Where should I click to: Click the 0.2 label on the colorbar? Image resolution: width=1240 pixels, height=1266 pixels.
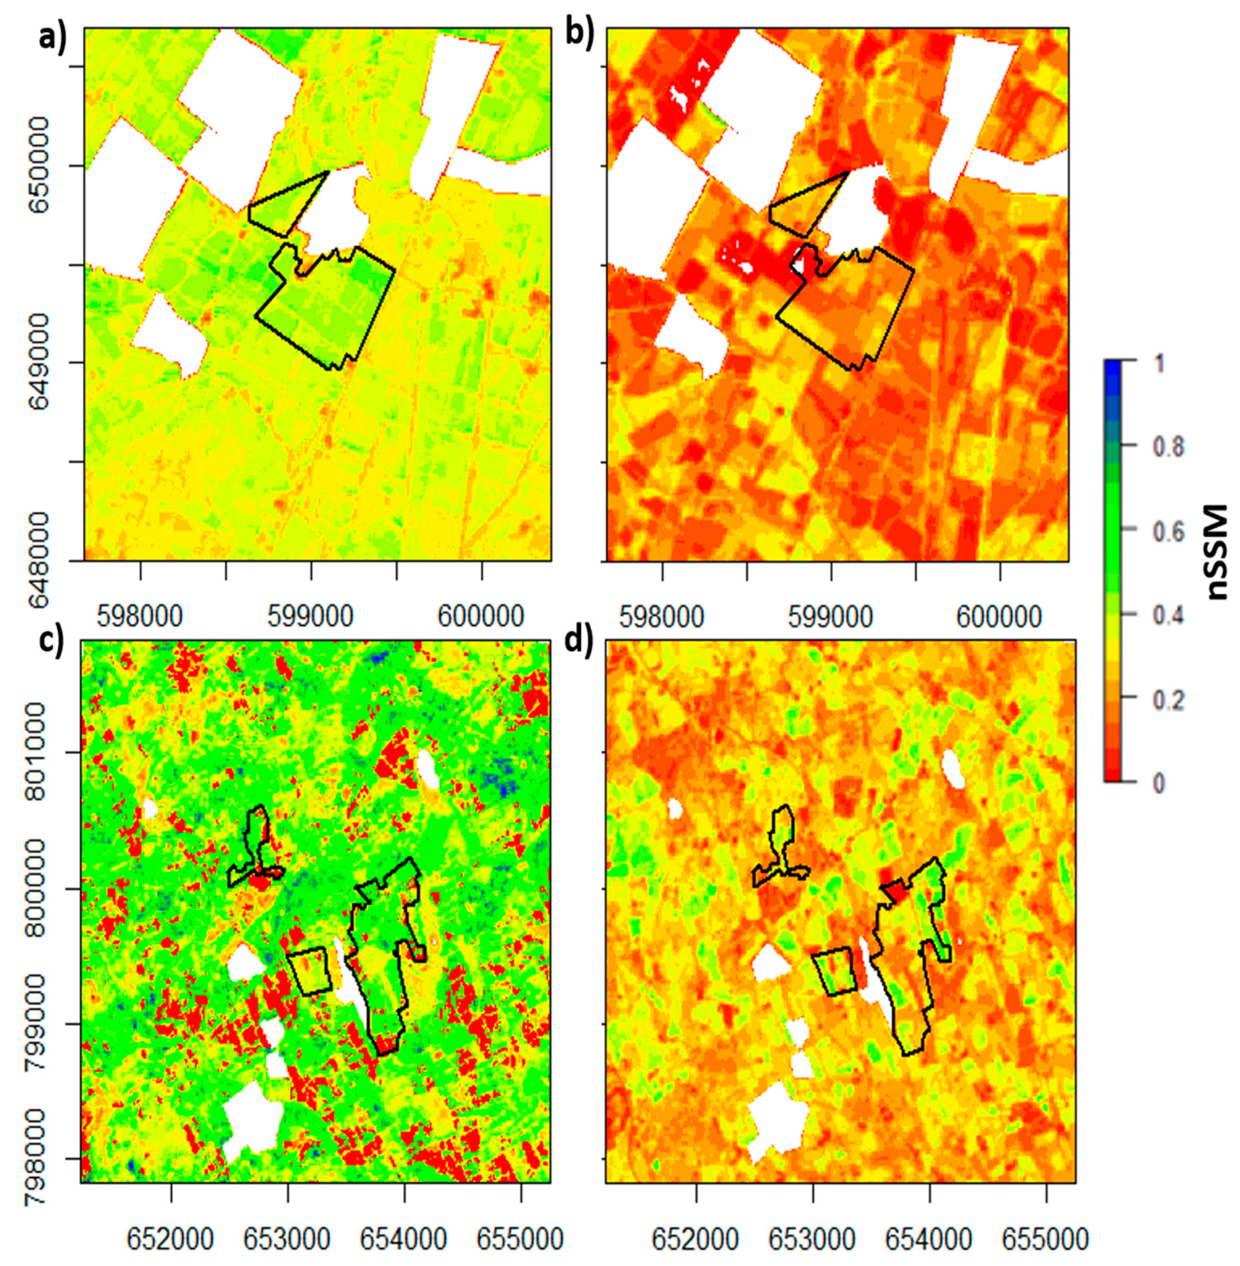(x=1168, y=699)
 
